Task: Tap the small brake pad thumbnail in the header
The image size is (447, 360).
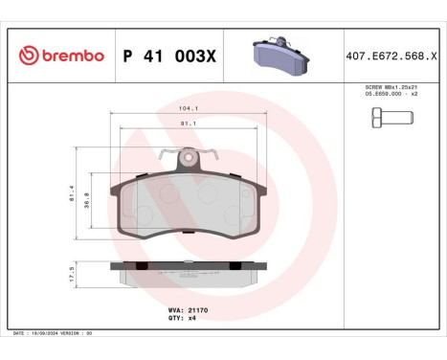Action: pos(279,55)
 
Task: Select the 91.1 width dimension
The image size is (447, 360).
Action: pos(189,123)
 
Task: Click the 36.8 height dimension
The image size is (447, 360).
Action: pos(88,203)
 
